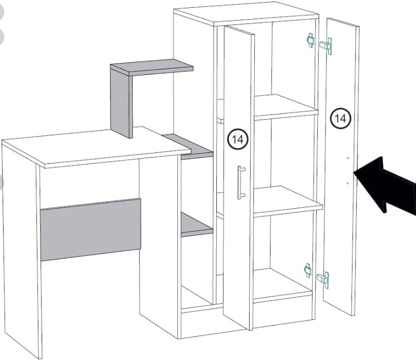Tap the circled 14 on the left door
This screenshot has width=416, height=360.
click(238, 139)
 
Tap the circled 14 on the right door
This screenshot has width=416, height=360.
click(340, 119)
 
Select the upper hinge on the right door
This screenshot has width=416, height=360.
click(327, 45)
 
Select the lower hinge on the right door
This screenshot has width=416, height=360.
click(323, 279)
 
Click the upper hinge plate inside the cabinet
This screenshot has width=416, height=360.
click(310, 40)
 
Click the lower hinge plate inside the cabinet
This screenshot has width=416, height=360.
click(308, 270)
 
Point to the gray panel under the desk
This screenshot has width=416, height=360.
click(91, 229)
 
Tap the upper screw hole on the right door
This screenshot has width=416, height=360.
click(347, 157)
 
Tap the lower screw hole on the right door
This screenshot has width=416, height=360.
click(347, 183)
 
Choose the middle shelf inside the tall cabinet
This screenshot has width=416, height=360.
click(286, 200)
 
